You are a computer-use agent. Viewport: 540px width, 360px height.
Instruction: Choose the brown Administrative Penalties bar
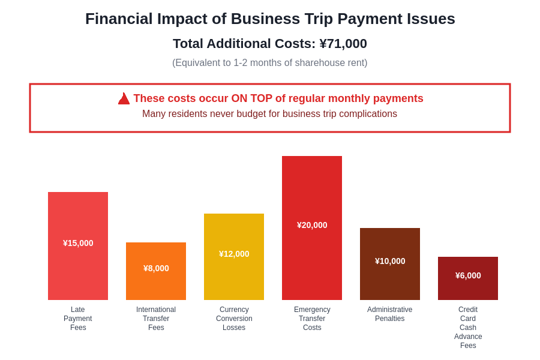tap(390, 282)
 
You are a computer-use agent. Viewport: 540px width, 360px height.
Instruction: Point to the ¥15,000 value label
tap(78, 243)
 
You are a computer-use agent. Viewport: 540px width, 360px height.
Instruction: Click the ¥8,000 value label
tap(156, 268)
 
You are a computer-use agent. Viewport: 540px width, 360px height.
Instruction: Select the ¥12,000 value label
tap(234, 254)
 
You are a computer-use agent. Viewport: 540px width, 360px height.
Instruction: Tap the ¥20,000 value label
tap(312, 225)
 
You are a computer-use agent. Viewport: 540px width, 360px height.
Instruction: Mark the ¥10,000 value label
tap(390, 261)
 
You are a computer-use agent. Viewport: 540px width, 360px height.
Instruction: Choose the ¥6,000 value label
tap(468, 275)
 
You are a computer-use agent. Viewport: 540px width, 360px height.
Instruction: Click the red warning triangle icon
tap(124, 98)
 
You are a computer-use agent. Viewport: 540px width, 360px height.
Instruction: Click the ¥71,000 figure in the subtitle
tap(343, 44)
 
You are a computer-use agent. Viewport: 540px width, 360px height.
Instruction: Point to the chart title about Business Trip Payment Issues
tap(270, 19)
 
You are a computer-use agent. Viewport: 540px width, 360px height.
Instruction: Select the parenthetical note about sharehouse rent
tap(270, 63)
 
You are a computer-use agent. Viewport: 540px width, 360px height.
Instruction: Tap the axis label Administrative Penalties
tap(390, 314)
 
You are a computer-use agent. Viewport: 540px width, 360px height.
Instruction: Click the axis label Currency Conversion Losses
tap(234, 319)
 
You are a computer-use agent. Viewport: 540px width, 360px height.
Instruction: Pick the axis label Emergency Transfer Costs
tap(312, 319)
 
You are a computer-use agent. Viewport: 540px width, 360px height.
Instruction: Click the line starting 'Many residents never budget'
tap(269, 114)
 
